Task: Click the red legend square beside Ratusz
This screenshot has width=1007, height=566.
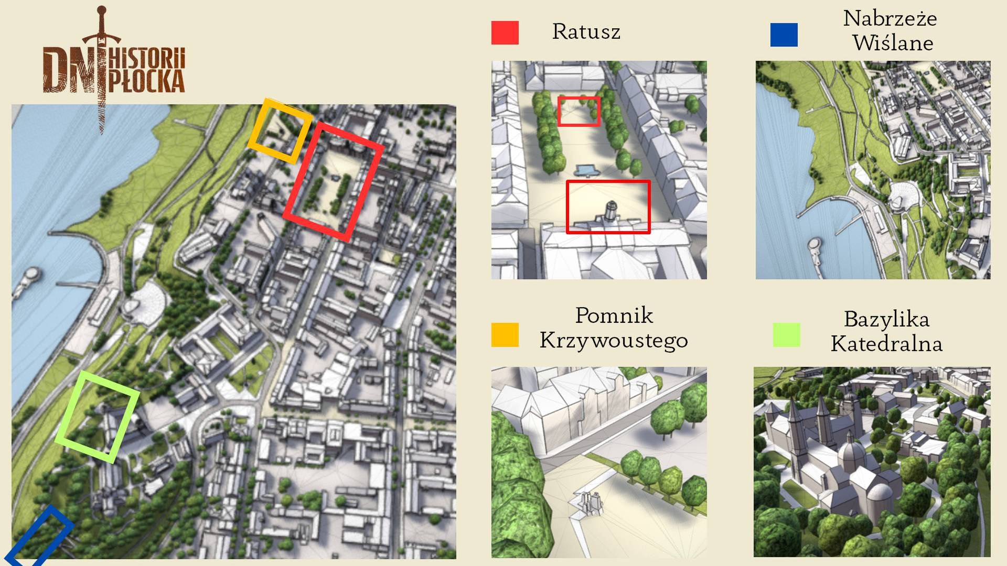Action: (x=505, y=32)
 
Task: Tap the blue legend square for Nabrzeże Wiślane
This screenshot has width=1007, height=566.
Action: (x=784, y=35)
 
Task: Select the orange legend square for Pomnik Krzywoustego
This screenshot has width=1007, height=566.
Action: (x=505, y=335)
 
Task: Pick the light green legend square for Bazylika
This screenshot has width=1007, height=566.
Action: (x=786, y=335)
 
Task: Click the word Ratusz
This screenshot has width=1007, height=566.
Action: (x=586, y=32)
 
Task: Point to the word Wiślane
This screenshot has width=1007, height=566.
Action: (x=893, y=43)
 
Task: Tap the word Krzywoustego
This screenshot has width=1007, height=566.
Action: (x=613, y=341)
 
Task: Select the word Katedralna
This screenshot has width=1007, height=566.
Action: (x=886, y=344)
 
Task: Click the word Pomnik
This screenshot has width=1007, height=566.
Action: (x=614, y=315)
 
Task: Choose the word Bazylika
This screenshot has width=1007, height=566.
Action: (x=886, y=319)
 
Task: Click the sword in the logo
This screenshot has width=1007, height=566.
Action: (x=101, y=68)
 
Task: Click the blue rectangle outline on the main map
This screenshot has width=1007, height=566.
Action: (x=39, y=536)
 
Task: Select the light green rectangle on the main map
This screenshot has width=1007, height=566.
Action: (x=97, y=417)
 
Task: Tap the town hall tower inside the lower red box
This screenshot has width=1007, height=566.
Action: (x=610, y=212)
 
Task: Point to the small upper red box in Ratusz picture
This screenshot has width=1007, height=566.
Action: (x=579, y=111)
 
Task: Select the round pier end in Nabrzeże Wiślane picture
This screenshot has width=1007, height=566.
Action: (x=813, y=244)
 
